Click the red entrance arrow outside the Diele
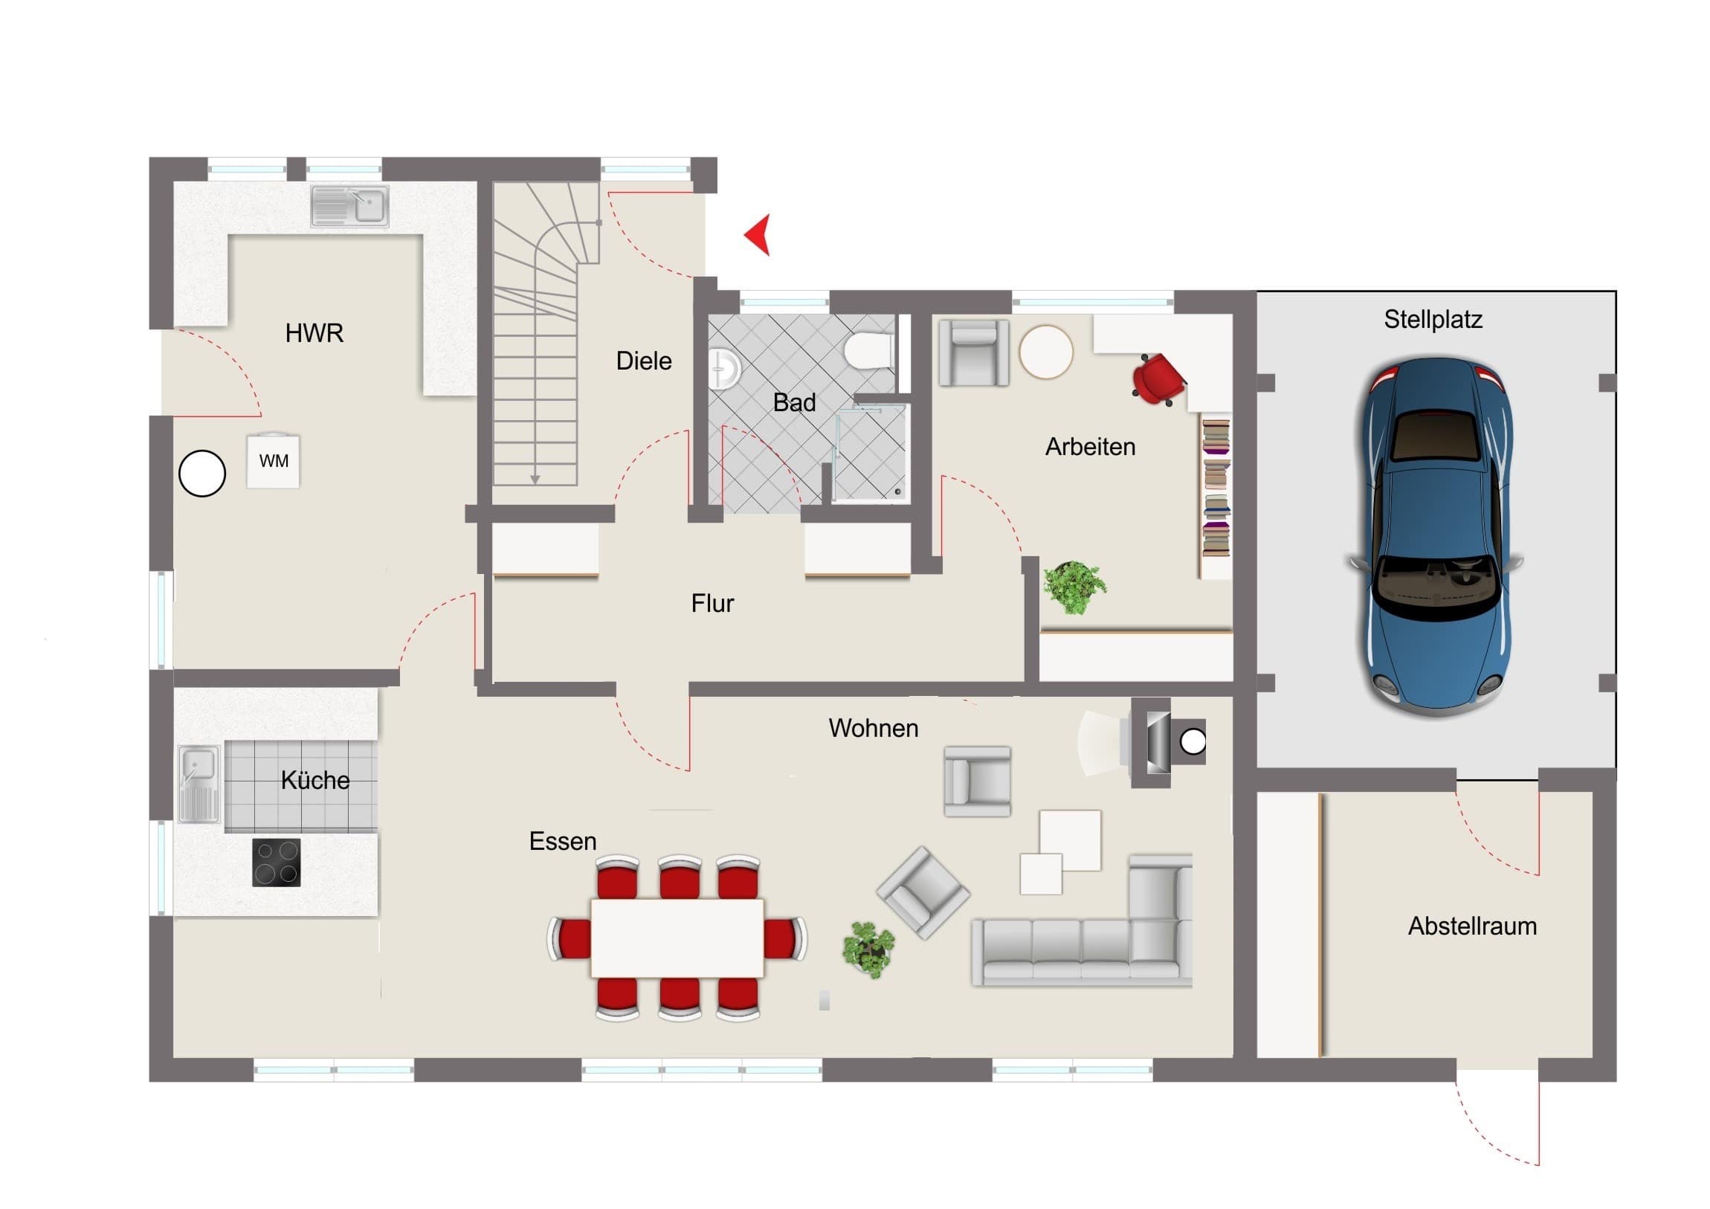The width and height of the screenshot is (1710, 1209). tap(760, 235)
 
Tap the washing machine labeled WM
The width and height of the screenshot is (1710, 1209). tap(274, 460)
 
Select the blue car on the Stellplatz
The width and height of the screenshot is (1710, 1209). tap(1436, 536)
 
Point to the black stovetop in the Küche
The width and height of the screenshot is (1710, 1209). tap(277, 863)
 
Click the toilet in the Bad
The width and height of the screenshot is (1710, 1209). tap(869, 349)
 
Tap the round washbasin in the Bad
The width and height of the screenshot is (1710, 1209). tap(724, 369)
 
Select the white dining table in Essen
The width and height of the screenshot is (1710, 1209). tap(677, 938)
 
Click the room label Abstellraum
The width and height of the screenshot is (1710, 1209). tap(1472, 926)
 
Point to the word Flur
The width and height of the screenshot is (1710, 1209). tap(713, 602)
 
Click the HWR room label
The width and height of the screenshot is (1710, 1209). tap(314, 333)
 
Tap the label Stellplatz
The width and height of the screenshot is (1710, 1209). tap(1433, 320)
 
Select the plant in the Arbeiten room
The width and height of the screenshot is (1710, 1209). tap(1074, 587)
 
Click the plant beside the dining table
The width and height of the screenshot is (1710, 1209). tap(868, 949)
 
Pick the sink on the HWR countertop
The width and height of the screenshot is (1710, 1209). tap(349, 206)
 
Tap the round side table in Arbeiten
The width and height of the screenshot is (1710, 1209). tap(1045, 352)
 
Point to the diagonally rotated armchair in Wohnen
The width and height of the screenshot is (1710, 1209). tap(923, 892)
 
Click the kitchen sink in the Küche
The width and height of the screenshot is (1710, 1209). tap(199, 784)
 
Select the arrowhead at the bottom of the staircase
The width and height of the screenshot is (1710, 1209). tap(535, 480)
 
